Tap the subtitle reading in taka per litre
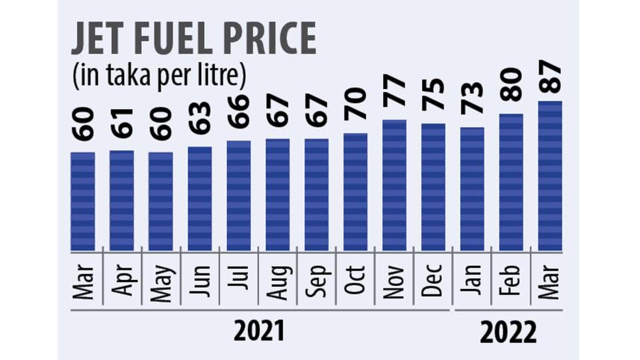pos(159,75)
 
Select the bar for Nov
pos(394,185)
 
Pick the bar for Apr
pos(122,200)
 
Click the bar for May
pos(161,201)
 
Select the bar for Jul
pos(238,196)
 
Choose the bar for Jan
pos(471,188)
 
